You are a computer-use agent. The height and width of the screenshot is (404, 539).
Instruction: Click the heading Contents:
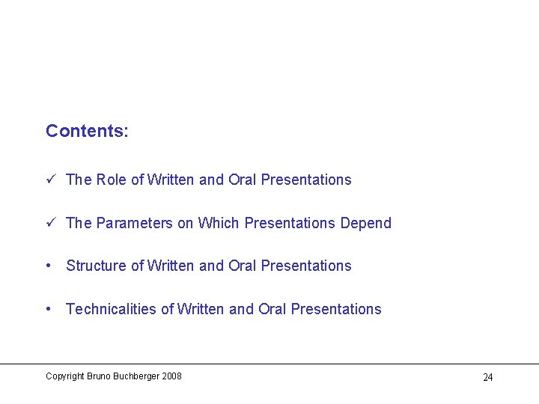pos(87,131)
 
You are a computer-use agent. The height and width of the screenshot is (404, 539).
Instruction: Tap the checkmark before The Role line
pos(49,180)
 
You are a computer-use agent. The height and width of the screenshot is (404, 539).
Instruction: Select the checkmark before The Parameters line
pos(49,223)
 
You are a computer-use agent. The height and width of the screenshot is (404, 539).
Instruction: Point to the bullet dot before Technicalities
pos(49,309)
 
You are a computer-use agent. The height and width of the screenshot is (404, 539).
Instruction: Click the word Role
pos(112,180)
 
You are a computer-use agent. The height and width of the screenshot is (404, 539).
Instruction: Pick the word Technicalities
pos(111,309)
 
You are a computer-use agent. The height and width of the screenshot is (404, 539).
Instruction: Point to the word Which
pos(219,223)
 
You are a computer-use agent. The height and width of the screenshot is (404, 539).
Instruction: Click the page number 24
pos(487,377)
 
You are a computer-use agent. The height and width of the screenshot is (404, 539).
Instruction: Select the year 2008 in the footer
pos(171,376)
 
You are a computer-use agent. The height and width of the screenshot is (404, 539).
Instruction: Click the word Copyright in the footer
pos(64,376)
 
